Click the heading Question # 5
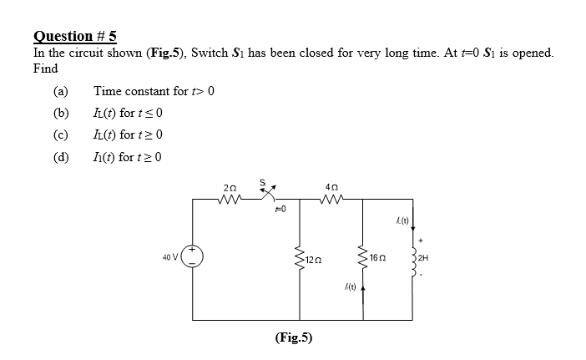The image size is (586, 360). click(x=75, y=36)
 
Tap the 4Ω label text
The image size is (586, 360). click(x=331, y=189)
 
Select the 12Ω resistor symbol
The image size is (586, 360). click(x=299, y=260)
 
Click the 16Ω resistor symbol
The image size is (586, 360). click(x=364, y=260)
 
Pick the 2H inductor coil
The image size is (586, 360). click(x=412, y=260)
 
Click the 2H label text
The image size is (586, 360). click(x=426, y=260)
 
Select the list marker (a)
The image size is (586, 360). click(x=59, y=91)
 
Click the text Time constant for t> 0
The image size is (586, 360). click(x=154, y=91)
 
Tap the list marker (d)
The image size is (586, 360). click(x=59, y=156)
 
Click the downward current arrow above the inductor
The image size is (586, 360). click(x=412, y=224)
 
